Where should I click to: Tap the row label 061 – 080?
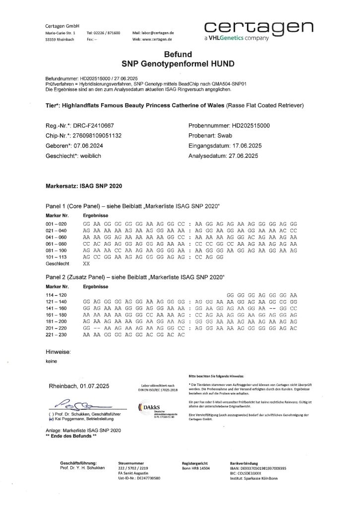point(56,244)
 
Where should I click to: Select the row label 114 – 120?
point(56,295)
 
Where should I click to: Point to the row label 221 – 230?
point(56,335)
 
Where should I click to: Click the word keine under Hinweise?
point(51,361)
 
